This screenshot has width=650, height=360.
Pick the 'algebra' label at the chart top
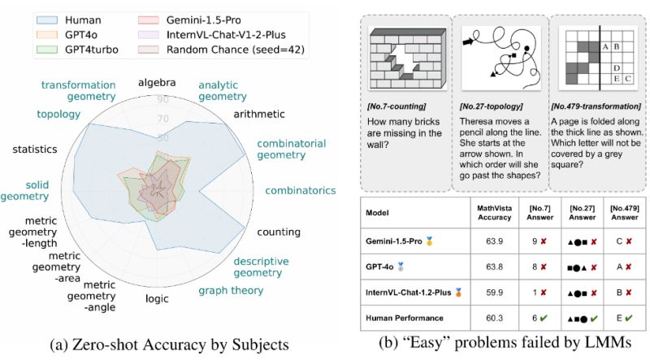(158, 82)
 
